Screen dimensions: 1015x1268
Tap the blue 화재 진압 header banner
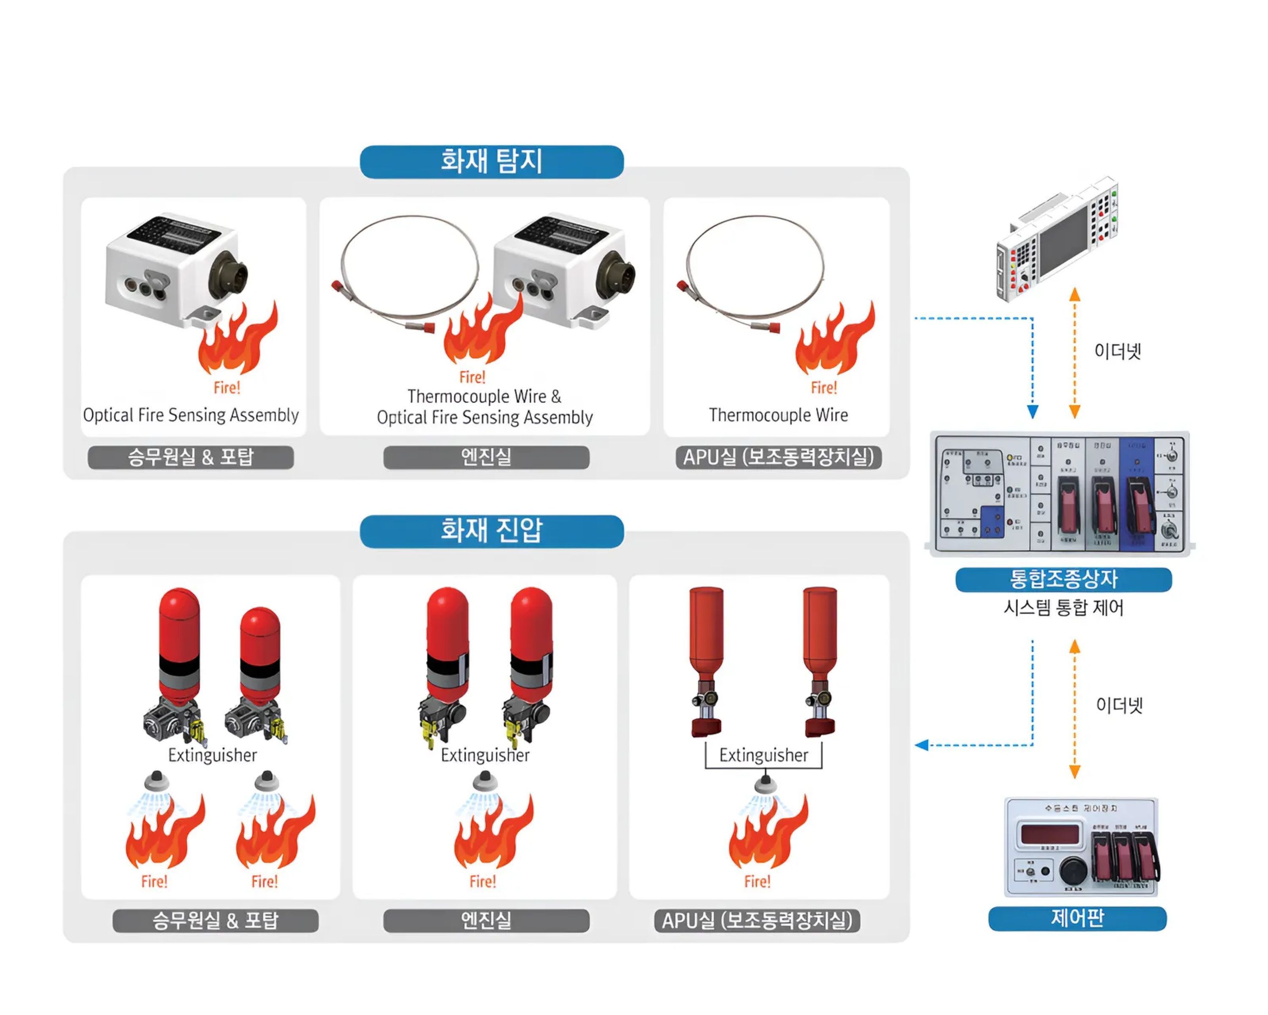tap(492, 531)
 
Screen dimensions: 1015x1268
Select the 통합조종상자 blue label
tap(1063, 579)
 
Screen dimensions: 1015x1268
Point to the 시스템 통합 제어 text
tap(1063, 608)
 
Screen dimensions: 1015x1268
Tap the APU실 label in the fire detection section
tap(778, 457)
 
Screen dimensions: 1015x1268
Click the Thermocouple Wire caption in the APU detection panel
tap(778, 415)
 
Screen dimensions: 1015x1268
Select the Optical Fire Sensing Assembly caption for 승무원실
tap(191, 415)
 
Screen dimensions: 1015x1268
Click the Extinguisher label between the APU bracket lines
tap(763, 755)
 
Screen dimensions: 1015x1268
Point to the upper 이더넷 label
tap(1118, 352)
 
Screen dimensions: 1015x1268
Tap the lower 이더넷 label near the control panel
tap(1119, 705)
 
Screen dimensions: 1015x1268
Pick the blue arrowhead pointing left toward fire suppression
tap(921, 746)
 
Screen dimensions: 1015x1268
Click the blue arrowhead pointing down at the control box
tap(1032, 412)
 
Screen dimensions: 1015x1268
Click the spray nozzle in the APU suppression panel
tap(764, 785)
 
